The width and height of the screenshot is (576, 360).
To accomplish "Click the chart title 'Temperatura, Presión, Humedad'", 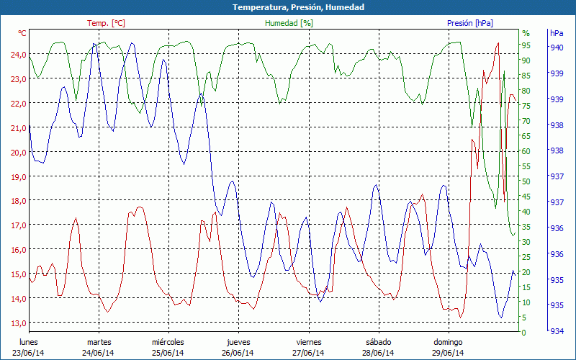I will pos(288,7).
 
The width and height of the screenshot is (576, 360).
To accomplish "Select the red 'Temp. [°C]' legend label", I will pos(106,23).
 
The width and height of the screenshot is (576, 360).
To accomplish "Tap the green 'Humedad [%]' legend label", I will pos(289,23).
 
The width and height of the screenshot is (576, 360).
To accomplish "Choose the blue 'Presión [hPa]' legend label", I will pos(470,23).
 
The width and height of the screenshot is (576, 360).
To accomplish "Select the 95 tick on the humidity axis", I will pos(526,45).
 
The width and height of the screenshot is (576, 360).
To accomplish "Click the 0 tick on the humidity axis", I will pos(524,333).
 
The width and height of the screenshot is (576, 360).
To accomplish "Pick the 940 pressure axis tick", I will pos(557,48).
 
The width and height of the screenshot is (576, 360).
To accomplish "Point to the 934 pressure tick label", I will pos(557,331).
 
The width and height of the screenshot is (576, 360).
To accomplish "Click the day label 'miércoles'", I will pos(168,342).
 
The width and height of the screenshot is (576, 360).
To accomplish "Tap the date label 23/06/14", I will pos(27,353).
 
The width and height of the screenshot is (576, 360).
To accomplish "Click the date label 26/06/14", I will pos(238,353).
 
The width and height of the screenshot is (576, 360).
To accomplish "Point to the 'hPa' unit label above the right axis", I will pos(557,33).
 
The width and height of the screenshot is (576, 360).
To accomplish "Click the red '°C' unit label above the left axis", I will pos(22,33).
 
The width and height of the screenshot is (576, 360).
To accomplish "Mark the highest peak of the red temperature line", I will pos(498,43).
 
